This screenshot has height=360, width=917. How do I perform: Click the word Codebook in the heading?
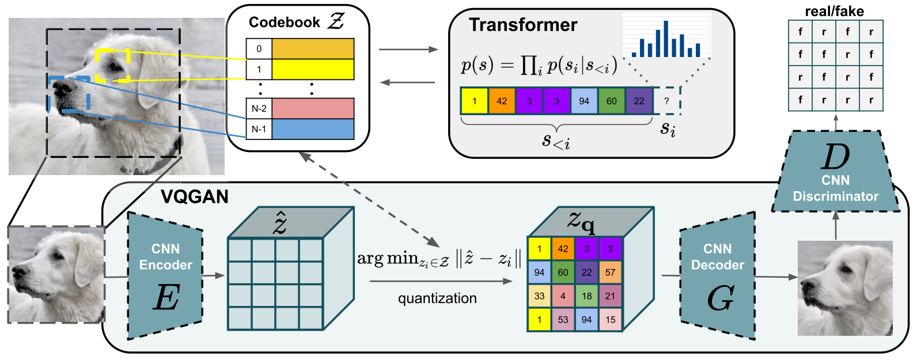click(x=284, y=22)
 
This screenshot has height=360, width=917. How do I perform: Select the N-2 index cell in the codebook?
click(x=259, y=108)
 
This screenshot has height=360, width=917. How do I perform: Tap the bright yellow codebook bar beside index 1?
click(x=313, y=69)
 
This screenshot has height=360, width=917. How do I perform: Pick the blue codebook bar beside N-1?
click(x=313, y=129)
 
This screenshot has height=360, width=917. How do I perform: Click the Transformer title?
click(x=523, y=25)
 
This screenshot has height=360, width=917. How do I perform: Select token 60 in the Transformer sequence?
click(x=612, y=101)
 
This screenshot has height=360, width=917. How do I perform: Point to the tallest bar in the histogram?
click(x=666, y=39)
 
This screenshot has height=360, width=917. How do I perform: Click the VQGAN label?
click(x=195, y=197)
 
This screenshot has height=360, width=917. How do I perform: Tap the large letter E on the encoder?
click(x=166, y=298)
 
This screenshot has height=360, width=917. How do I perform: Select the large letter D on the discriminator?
click(x=835, y=157)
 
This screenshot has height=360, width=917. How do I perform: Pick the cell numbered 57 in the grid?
click(x=611, y=272)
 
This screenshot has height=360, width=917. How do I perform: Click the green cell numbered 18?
click(x=586, y=295)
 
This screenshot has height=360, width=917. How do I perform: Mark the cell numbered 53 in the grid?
click(x=563, y=320)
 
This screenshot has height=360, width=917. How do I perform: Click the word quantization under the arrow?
click(x=437, y=298)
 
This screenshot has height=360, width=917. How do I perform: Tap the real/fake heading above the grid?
click(x=834, y=12)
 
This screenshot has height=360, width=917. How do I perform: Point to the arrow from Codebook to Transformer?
click(x=408, y=50)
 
